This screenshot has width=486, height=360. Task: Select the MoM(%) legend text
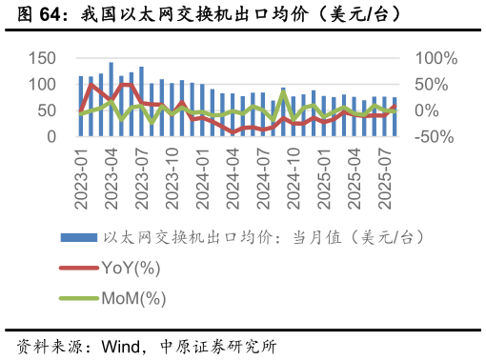(133, 298)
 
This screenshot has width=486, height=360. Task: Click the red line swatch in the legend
(77, 268)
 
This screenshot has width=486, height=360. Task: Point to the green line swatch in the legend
(77, 298)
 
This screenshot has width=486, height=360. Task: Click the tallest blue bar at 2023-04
(111, 100)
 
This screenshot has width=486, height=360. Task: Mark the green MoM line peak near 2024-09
(283, 92)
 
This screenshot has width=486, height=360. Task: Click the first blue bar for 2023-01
(81, 107)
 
